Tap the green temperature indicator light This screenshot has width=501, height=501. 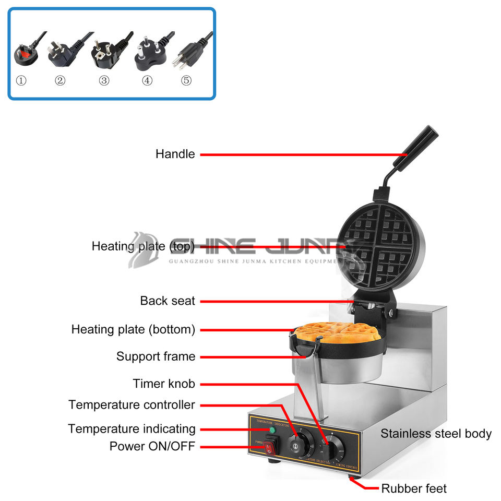271,430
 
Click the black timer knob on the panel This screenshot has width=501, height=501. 333,447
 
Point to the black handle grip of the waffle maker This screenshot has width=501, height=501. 416,147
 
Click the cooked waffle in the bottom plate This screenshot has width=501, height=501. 337,332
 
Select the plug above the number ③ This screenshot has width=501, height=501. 105,52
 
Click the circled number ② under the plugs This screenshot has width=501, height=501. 61,81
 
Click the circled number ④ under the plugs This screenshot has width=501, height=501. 148,81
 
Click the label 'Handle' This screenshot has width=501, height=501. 175,154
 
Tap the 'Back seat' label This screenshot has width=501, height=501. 168,301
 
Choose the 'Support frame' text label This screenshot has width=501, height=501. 156,356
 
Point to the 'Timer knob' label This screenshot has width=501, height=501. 164,384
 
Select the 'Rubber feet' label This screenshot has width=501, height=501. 414,488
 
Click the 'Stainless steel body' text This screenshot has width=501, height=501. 436,433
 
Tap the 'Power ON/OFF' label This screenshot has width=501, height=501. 152,446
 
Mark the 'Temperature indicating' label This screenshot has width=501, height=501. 132,428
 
